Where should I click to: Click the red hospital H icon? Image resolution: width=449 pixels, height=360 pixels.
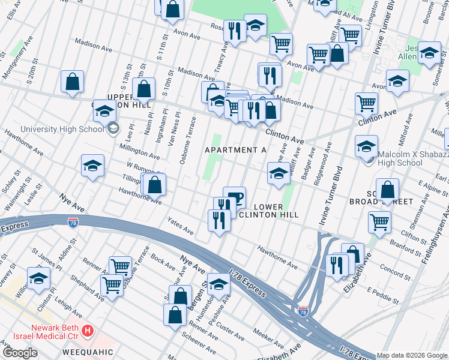88,331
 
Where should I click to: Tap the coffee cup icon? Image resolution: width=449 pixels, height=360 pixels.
234,197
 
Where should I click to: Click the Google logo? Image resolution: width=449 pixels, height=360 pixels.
20,353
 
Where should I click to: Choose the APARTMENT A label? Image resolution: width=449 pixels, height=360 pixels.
236,149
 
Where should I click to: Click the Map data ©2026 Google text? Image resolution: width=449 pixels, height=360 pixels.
412,355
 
